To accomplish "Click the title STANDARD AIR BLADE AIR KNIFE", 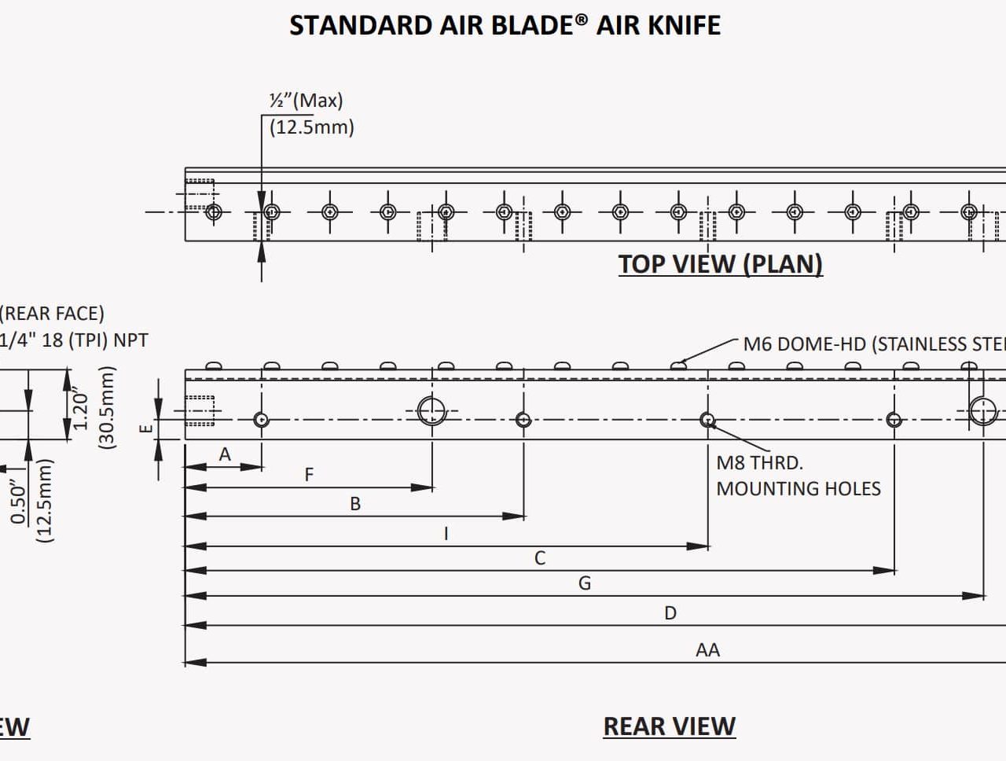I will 505,25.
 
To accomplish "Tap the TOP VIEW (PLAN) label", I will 720,264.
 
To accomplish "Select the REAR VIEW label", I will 669,726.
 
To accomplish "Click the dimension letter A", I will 225,454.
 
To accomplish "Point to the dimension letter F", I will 309,475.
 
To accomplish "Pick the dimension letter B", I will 355,504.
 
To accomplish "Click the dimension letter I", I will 446,534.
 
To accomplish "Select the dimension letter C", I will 540,558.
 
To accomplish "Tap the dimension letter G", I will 585,583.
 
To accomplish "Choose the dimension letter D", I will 670,613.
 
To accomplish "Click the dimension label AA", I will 707,650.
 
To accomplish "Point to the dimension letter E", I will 145,428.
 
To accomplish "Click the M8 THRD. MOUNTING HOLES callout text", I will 798,476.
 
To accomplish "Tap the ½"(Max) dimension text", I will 307,101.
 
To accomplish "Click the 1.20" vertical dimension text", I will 80,408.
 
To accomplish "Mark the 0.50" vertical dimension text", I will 19,504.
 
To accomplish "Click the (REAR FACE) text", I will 51,314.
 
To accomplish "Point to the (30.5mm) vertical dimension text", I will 107,408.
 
